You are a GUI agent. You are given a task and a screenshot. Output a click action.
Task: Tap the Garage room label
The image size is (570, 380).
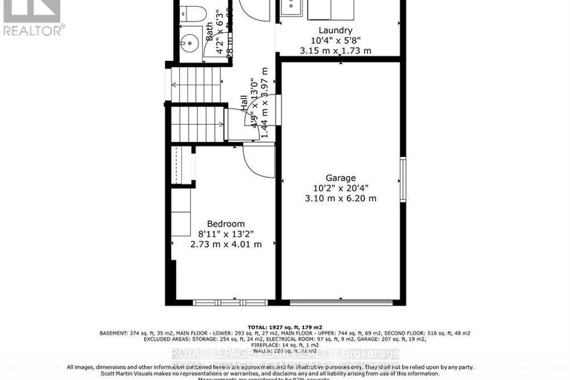(340, 178)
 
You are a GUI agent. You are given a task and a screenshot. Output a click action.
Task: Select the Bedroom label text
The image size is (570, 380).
(226, 224)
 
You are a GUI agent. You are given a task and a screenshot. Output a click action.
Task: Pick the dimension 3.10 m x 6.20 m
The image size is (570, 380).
(340, 199)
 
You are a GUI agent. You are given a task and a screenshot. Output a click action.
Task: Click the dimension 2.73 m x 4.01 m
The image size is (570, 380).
(226, 244)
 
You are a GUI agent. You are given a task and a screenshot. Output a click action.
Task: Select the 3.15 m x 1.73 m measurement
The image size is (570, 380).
(335, 51)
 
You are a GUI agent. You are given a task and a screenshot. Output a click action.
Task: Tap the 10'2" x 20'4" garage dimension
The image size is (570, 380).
(340, 188)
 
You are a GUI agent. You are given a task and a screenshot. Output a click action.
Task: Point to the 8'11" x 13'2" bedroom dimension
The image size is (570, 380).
(226, 234)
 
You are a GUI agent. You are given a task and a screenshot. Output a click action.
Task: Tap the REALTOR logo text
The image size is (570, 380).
(33, 30)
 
